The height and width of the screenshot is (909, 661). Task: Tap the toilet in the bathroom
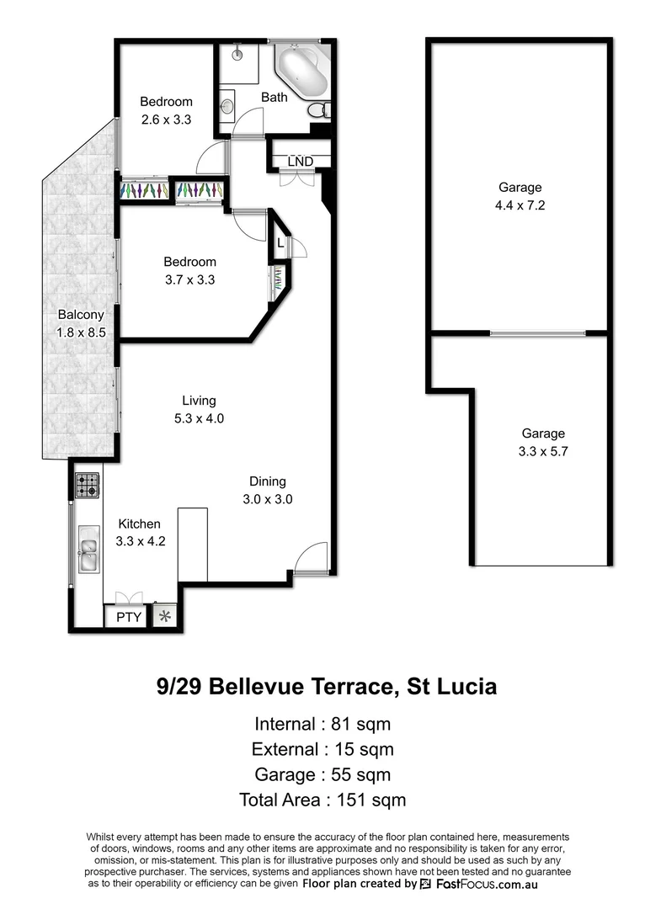click(317, 110)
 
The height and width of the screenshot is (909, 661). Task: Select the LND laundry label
click(300, 161)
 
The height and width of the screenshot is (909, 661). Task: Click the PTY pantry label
click(128, 617)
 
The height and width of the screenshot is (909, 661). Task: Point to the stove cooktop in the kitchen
click(88, 485)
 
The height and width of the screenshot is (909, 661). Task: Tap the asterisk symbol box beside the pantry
click(165, 617)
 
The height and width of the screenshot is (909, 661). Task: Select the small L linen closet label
click(280, 243)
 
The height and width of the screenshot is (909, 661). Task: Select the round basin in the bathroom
click(227, 107)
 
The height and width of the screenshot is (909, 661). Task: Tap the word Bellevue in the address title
click(259, 687)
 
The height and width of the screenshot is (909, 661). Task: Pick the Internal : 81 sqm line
click(323, 724)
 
